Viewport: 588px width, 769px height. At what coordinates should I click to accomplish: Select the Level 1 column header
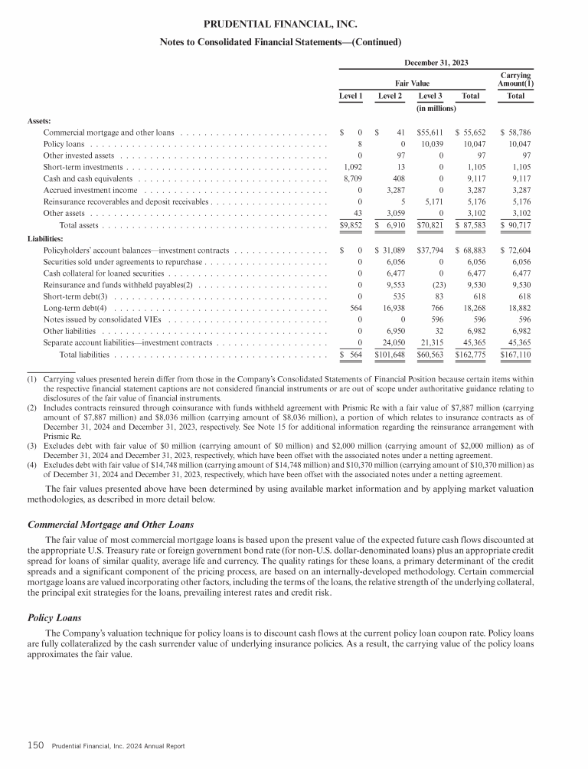351,97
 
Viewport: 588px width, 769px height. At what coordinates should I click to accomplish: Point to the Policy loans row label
64,144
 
